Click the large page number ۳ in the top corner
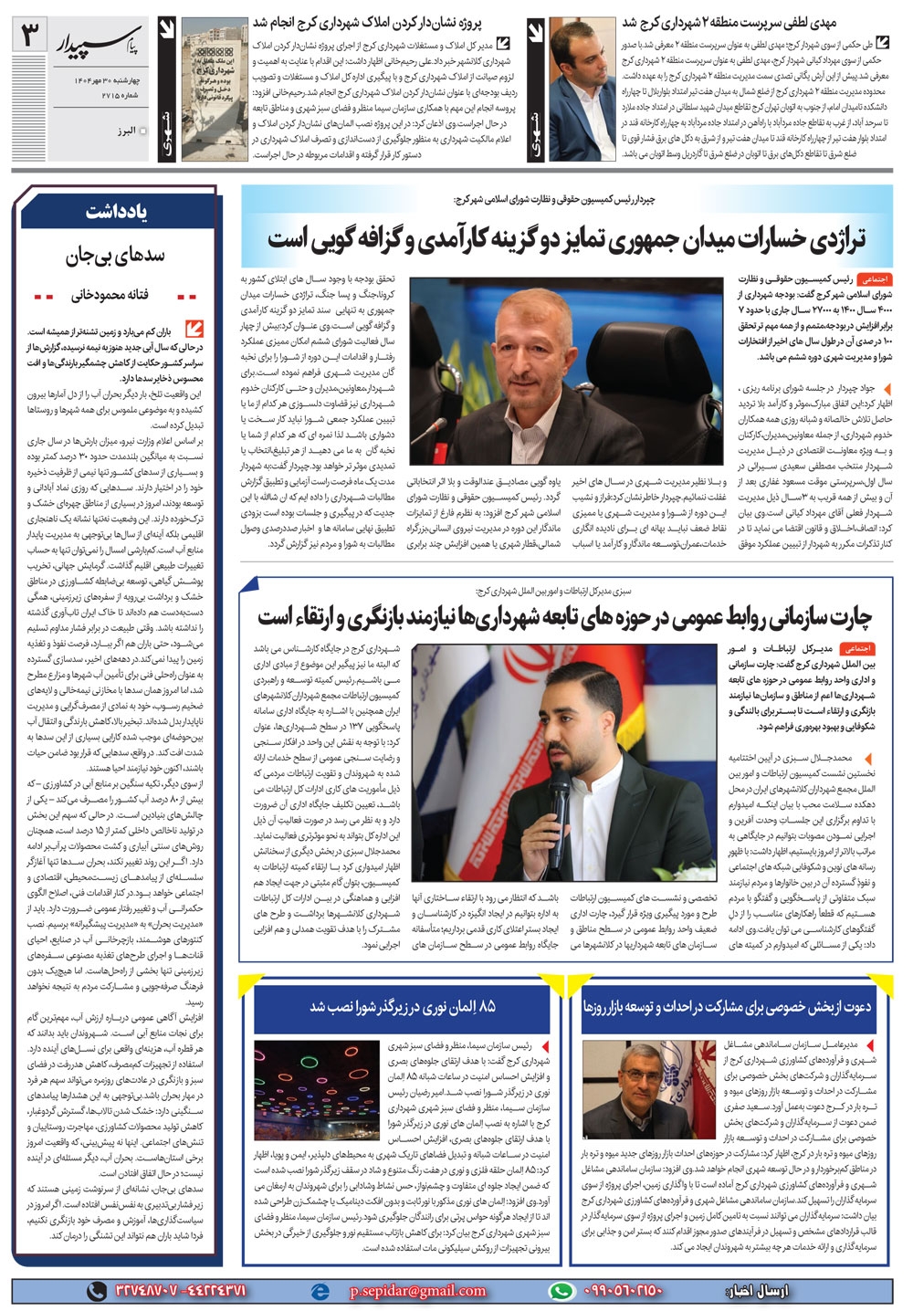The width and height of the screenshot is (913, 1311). pos(31,37)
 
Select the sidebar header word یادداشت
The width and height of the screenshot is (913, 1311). pos(118,212)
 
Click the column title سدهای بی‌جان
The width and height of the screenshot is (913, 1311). pos(118,257)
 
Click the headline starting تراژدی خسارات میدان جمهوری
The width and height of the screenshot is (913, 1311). pos(566,239)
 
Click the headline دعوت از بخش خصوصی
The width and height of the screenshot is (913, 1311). pos(727,1006)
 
